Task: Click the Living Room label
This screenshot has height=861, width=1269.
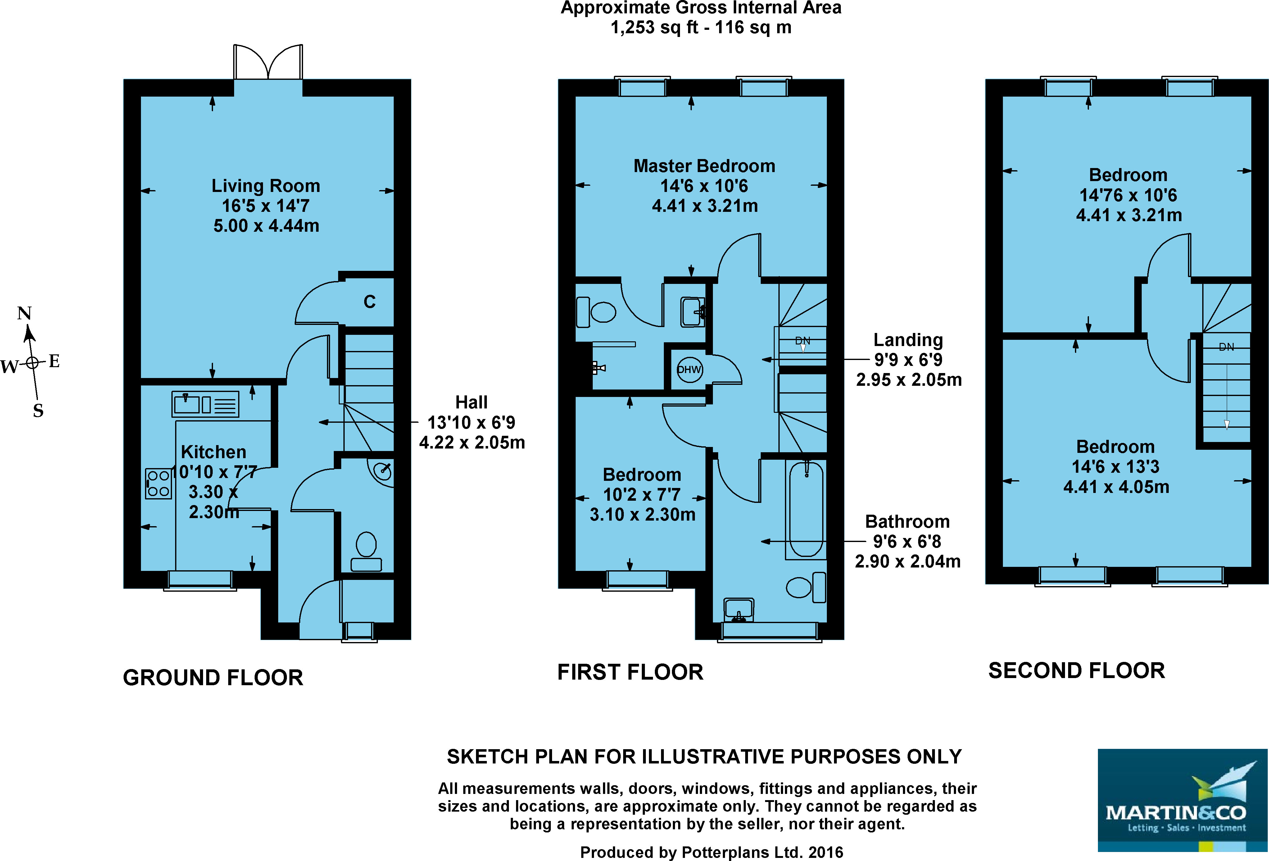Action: pyautogui.click(x=266, y=186)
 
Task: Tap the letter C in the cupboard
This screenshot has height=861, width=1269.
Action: pyautogui.click(x=370, y=302)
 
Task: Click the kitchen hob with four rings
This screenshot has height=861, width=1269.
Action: pyautogui.click(x=158, y=484)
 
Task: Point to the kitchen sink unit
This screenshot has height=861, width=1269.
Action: pyautogui.click(x=205, y=404)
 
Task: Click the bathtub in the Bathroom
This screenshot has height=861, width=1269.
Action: pyautogui.click(x=806, y=509)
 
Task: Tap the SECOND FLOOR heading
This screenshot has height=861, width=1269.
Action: pyautogui.click(x=1077, y=671)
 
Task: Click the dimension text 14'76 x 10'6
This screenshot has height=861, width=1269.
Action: pyautogui.click(x=1128, y=195)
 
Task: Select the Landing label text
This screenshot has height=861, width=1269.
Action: pyautogui.click(x=908, y=340)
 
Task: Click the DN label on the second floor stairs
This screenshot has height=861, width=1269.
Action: pyautogui.click(x=1226, y=347)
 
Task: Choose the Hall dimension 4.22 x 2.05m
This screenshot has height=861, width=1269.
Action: pyautogui.click(x=472, y=443)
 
